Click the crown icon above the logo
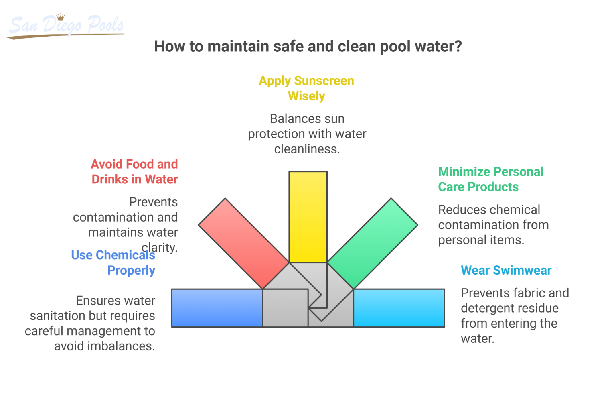click(x=61, y=17)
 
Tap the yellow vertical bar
click(x=308, y=217)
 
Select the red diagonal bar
click(x=243, y=243)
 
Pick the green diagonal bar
click(x=373, y=243)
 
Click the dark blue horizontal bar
click(x=217, y=308)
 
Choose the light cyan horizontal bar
click(x=399, y=308)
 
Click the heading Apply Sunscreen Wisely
click(x=306, y=88)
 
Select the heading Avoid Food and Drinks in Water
click(x=134, y=172)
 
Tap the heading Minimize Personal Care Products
click(x=490, y=179)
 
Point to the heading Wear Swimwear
click(x=506, y=270)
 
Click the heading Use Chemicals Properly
click(x=113, y=262)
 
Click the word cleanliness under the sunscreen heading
click(x=307, y=149)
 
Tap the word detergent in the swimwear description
click(x=509, y=308)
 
